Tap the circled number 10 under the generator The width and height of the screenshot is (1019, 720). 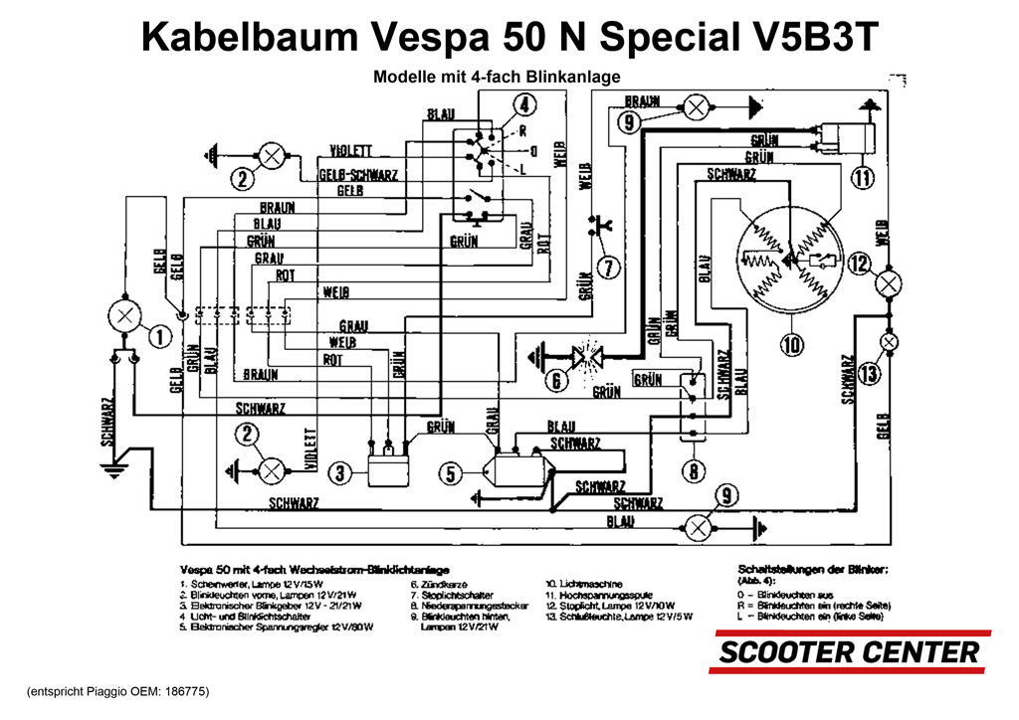[x=791, y=345]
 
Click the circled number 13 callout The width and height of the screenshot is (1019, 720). [x=869, y=374]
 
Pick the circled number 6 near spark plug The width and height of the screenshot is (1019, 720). [x=557, y=380]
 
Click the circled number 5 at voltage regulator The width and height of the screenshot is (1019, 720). [x=452, y=474]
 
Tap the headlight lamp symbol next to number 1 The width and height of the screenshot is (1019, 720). [x=124, y=317]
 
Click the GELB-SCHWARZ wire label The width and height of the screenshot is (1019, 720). [x=358, y=174]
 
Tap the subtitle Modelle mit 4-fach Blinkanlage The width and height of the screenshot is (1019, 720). [x=497, y=77]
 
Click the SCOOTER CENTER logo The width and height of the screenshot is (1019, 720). [x=849, y=652]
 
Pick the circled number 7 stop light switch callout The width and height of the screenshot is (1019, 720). [x=609, y=267]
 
